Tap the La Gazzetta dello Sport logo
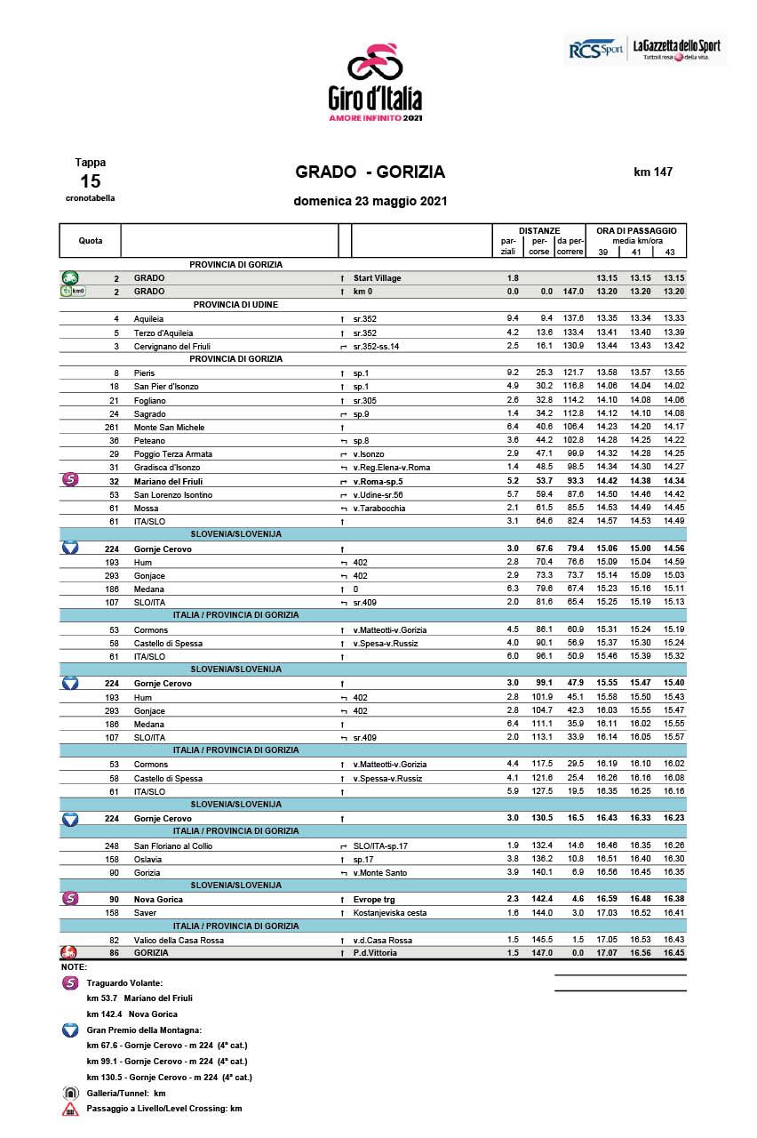675,49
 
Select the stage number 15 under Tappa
90,181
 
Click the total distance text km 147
653,172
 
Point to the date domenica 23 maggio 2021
370,201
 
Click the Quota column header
90,241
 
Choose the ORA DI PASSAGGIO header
636,230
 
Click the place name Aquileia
148,318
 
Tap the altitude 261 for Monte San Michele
112,427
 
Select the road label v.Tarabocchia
379,508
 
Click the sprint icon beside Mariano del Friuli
70,481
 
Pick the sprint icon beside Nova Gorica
70,899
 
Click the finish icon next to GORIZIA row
69,953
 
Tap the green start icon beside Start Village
70,277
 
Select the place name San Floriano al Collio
173,845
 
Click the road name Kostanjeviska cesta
389,913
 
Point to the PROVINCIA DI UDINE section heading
235,305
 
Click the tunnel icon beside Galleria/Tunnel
70,1093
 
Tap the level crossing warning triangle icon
70,1109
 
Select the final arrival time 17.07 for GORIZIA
608,953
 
